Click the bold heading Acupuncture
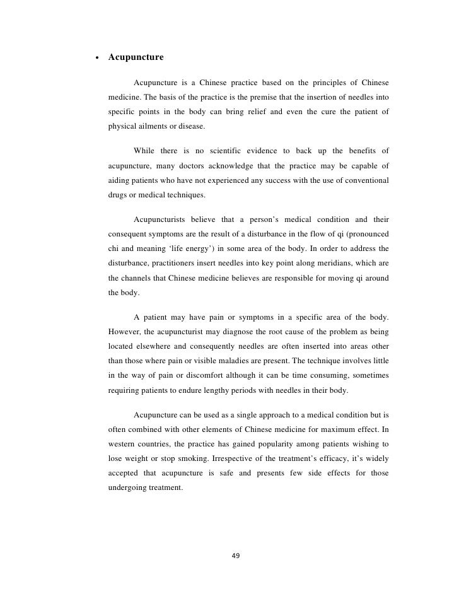[136, 57]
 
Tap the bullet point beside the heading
[95, 58]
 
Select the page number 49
[236, 556]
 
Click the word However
[126, 332]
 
